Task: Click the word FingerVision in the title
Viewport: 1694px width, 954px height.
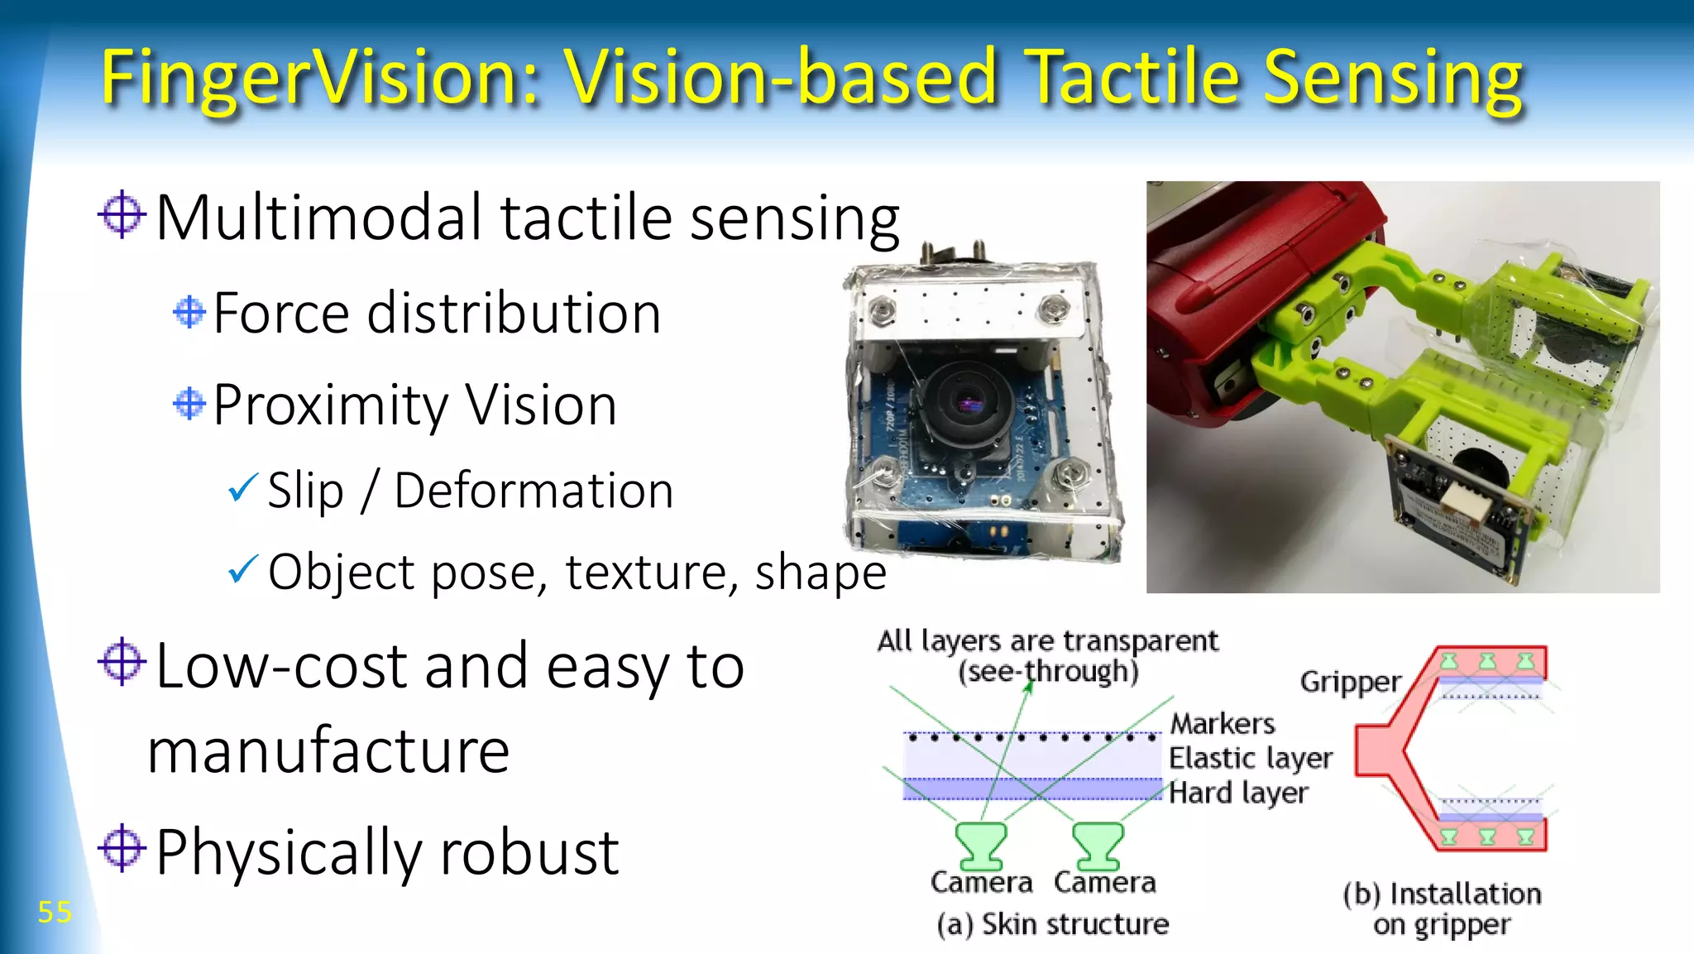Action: pyautogui.click(x=318, y=79)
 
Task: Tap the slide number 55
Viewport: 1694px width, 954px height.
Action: pyautogui.click(x=55, y=913)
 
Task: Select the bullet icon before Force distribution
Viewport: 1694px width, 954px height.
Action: pyautogui.click(x=189, y=313)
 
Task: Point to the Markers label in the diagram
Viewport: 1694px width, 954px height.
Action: pyautogui.click(x=1223, y=724)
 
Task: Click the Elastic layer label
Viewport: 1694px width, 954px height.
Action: pyautogui.click(x=1250, y=758)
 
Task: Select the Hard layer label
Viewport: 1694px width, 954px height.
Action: pyautogui.click(x=1238, y=793)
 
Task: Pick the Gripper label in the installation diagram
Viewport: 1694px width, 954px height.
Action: pyautogui.click(x=1350, y=682)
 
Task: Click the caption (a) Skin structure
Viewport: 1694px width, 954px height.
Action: pyautogui.click(x=1053, y=924)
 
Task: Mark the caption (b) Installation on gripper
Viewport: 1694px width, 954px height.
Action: pyautogui.click(x=1442, y=908)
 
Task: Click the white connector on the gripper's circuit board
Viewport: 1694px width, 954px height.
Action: pyautogui.click(x=1463, y=501)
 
